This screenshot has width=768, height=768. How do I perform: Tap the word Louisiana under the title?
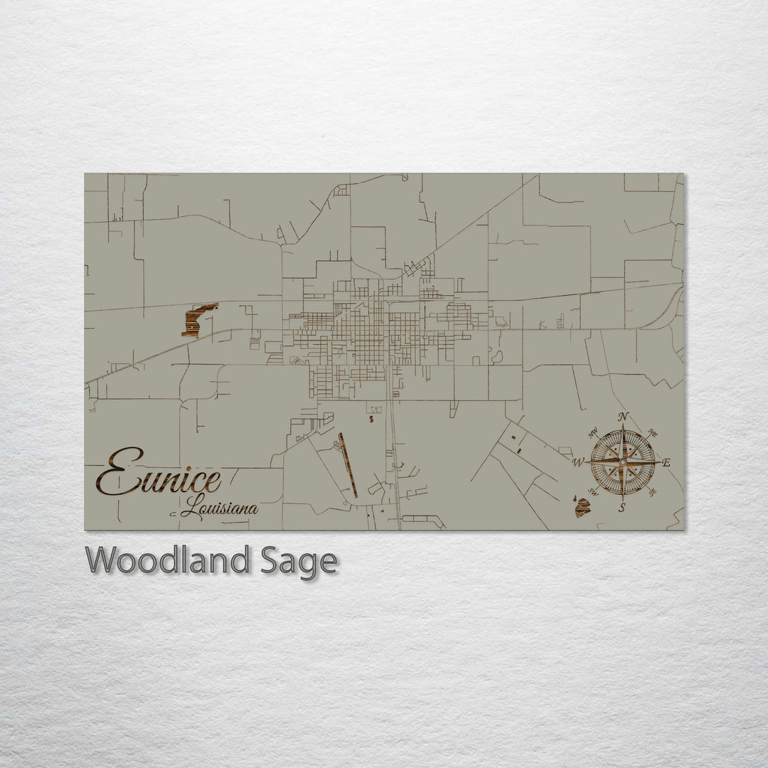click(219, 508)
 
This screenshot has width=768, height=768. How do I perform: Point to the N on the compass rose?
click(623, 417)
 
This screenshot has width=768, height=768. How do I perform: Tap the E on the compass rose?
click(666, 463)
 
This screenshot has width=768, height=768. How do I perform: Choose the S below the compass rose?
click(622, 507)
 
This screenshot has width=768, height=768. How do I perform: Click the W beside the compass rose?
click(578, 463)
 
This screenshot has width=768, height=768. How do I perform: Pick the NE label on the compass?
click(654, 433)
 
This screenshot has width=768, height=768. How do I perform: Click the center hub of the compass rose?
click(623, 462)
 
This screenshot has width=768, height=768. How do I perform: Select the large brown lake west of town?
click(198, 320)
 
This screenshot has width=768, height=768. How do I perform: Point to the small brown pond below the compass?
click(582, 507)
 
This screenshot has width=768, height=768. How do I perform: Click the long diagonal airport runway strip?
click(348, 465)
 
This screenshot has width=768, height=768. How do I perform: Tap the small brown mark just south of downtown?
click(372, 420)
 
